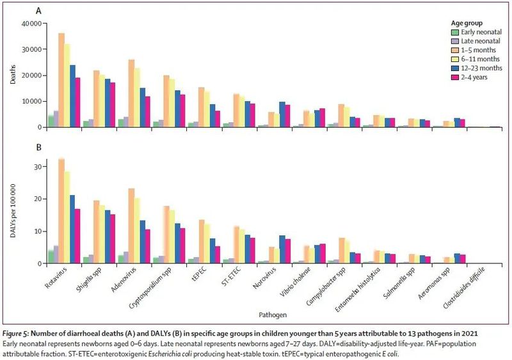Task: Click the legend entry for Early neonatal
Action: [470, 31]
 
